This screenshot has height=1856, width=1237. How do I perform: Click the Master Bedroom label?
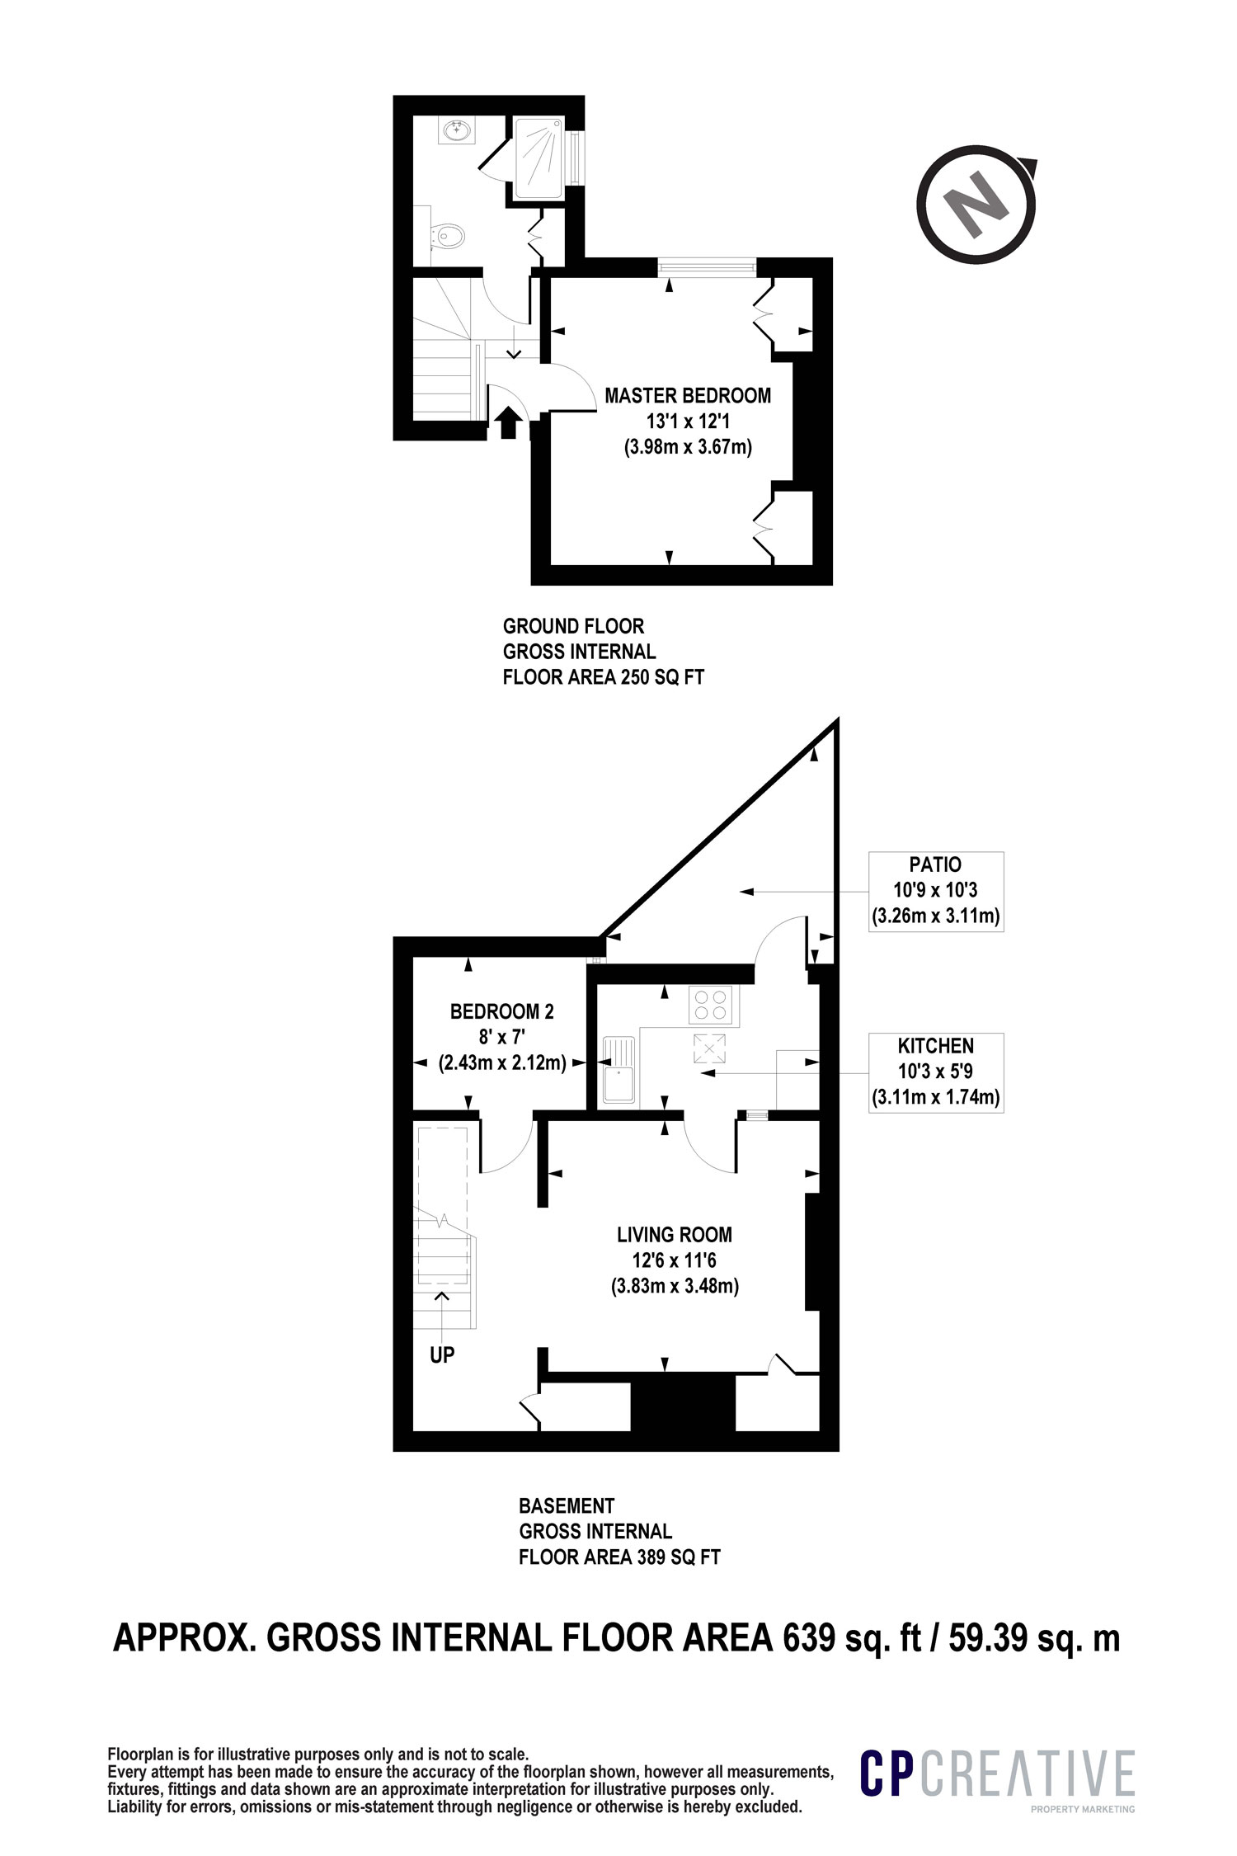pos(688,396)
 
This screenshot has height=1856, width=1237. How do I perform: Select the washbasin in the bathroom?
pos(454,130)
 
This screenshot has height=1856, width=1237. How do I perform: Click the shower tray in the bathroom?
pos(539,158)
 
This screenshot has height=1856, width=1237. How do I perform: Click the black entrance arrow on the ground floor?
pos(508,423)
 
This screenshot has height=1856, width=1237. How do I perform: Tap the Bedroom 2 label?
pos(501,1011)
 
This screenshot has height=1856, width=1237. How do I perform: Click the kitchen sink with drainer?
pos(618,1070)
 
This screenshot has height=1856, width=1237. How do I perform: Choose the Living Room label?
pos(675,1235)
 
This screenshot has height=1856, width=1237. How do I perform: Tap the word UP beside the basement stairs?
pos(442,1354)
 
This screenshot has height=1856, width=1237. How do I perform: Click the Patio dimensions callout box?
pos(936,892)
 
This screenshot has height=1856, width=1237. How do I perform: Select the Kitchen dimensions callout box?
pos(936,1072)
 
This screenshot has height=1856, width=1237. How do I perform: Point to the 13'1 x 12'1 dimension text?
pos(688,422)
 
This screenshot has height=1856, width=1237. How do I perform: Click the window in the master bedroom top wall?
pos(708,266)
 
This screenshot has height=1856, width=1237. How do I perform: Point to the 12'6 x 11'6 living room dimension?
pos(675,1261)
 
